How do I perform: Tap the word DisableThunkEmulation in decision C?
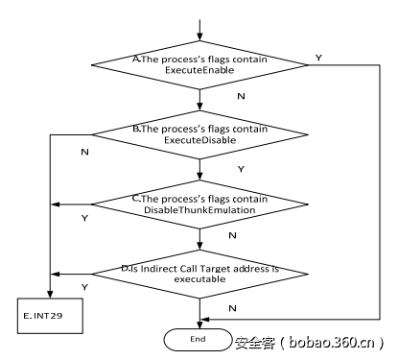coord(200,209)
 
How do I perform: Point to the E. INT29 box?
coord(46,313)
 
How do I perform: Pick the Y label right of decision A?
coord(317,58)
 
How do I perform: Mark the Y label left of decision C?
coord(86,218)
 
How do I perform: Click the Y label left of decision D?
coord(86,287)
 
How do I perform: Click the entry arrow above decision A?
coord(199,30)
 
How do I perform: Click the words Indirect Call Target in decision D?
coord(196,270)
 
